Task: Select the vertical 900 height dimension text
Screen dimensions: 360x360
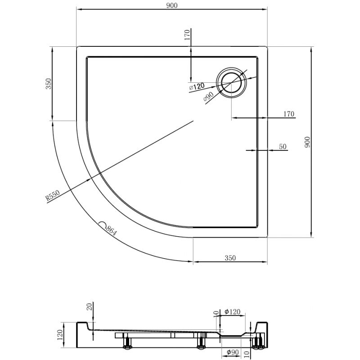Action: [307, 143]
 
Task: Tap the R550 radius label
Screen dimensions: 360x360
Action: [53, 197]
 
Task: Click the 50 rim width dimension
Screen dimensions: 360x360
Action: [283, 146]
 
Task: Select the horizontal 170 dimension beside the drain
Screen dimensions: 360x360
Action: [288, 114]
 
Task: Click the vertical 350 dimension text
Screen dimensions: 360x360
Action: [49, 84]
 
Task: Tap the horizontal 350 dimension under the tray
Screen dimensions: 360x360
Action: [229, 258]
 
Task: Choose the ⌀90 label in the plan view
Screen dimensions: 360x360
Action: [208, 96]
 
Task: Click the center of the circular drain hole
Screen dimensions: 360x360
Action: [231, 82]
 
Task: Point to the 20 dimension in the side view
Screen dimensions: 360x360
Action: [89, 307]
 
